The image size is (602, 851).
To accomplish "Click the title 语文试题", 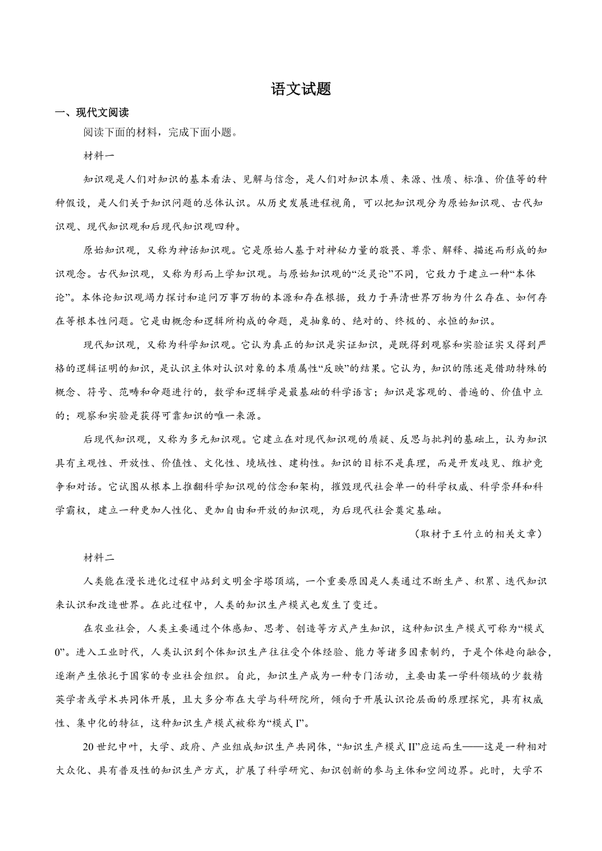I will (x=301, y=89).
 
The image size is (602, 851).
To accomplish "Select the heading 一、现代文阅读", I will (x=92, y=113).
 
